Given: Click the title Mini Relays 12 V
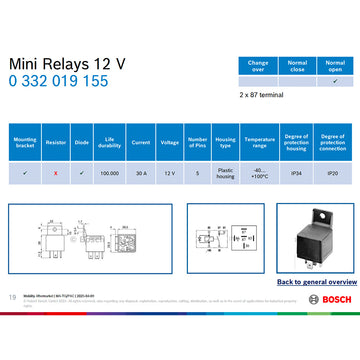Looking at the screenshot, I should (x=67, y=62).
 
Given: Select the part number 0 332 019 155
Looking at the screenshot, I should (x=60, y=82).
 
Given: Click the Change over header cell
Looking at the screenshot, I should (x=257, y=65).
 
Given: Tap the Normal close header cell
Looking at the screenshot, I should (x=297, y=65).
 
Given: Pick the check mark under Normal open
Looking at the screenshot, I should (x=335, y=81).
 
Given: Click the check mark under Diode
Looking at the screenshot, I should (x=82, y=173).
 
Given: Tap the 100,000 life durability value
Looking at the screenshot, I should (x=111, y=173).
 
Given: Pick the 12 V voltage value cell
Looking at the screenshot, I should (x=169, y=173).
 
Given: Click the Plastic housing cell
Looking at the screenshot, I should (x=226, y=173).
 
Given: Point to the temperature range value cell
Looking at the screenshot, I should (x=259, y=173).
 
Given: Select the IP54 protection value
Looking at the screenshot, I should (x=296, y=173).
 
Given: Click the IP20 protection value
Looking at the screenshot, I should (x=333, y=173).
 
